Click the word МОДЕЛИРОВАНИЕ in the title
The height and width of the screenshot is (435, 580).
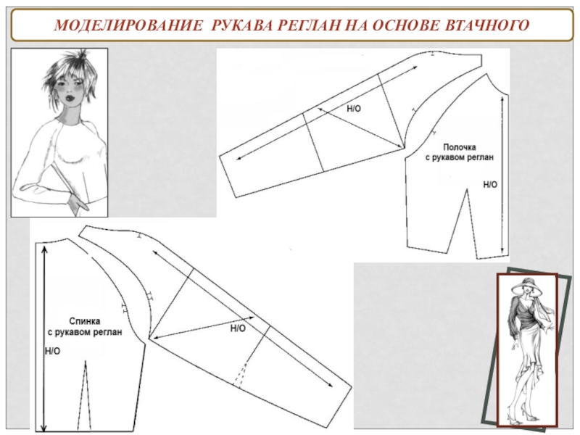(x=128, y=25)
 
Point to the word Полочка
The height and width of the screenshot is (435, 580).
(x=459, y=147)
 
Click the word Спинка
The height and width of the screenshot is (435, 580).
(x=85, y=321)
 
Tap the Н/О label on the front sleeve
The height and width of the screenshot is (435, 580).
(x=354, y=108)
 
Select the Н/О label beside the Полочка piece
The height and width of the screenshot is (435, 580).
(x=490, y=185)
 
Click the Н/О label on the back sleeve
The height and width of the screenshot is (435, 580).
(x=238, y=328)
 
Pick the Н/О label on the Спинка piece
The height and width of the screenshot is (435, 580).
(x=52, y=351)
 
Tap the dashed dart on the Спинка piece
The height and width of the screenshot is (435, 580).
(x=85, y=396)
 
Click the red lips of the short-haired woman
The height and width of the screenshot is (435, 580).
(x=70, y=99)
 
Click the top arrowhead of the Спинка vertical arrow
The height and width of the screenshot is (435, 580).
(x=45, y=249)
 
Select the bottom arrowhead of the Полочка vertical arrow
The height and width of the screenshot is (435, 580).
(x=502, y=249)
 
